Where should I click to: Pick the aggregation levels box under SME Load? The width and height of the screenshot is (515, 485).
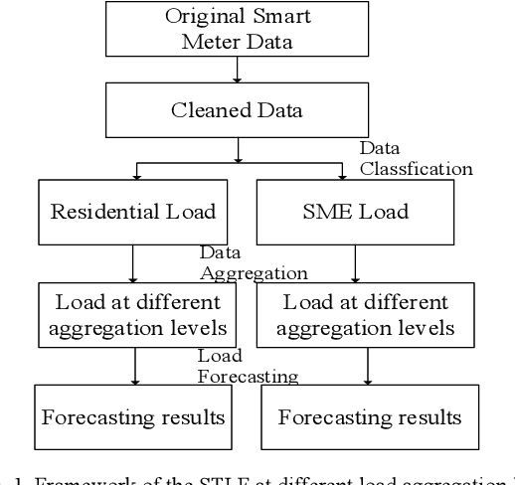pos(365,312)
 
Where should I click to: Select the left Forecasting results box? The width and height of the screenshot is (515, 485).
pos(133,415)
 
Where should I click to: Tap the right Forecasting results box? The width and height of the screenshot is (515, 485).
pos(369,415)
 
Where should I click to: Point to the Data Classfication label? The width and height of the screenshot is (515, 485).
pos(415,159)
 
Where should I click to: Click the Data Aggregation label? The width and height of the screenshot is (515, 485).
pos(253,263)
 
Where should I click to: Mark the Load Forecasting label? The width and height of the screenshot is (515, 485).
pos(247,366)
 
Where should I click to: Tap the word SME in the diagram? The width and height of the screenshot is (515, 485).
pos(328,211)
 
